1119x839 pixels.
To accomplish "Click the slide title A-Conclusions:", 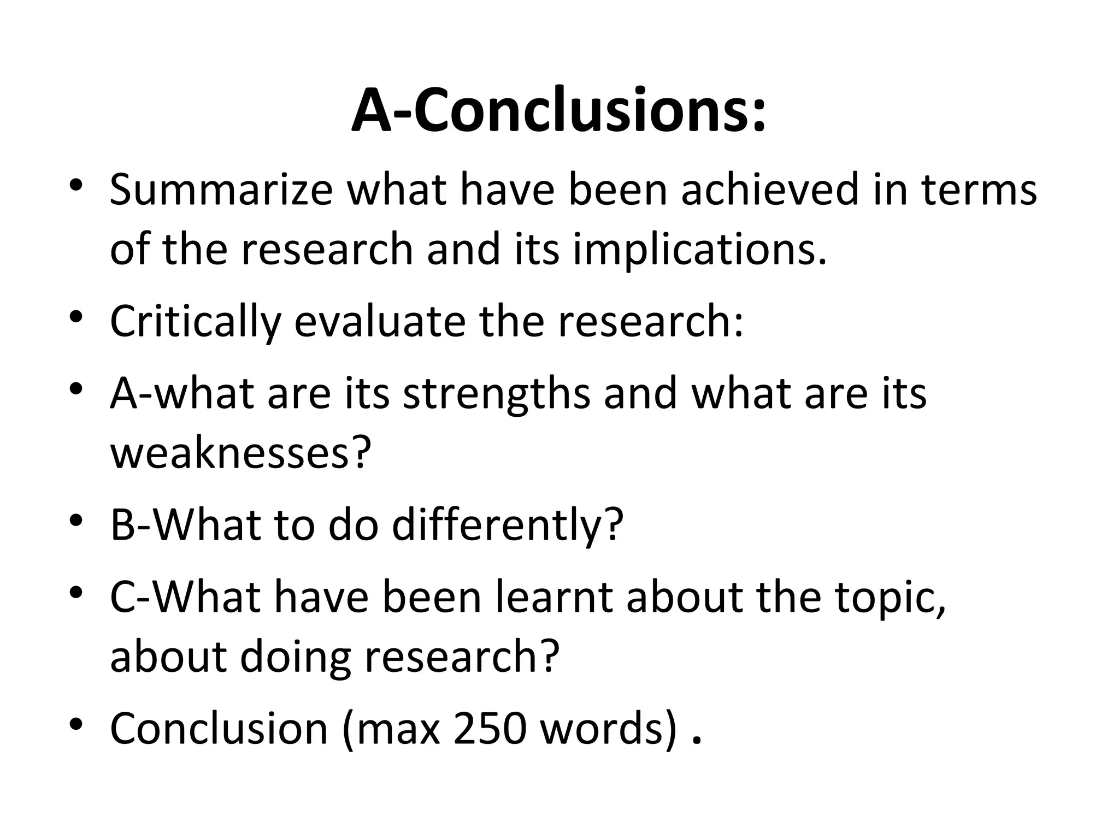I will pyautogui.click(x=558, y=110).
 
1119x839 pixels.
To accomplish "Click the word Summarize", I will pyautogui.click(x=221, y=190).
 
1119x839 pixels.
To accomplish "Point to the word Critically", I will pyautogui.click(x=196, y=322).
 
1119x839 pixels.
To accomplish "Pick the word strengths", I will pyautogui.click(x=496, y=394).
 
